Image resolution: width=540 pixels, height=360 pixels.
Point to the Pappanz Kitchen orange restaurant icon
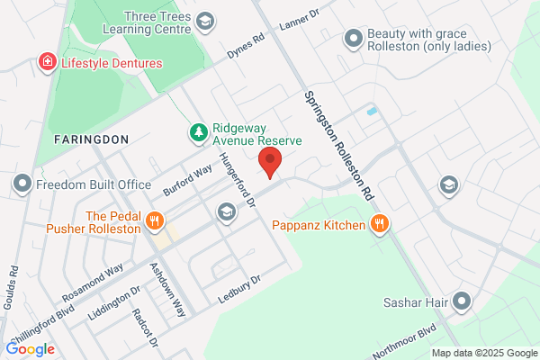click(381, 224)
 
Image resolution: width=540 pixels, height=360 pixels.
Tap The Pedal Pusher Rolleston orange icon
click(155, 220)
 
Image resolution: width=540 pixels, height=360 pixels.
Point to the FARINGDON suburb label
click(90, 139)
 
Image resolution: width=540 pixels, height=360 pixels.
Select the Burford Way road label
click(187, 180)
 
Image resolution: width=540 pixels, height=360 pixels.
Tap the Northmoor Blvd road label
click(403, 340)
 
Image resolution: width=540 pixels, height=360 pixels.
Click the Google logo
click(31, 349)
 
